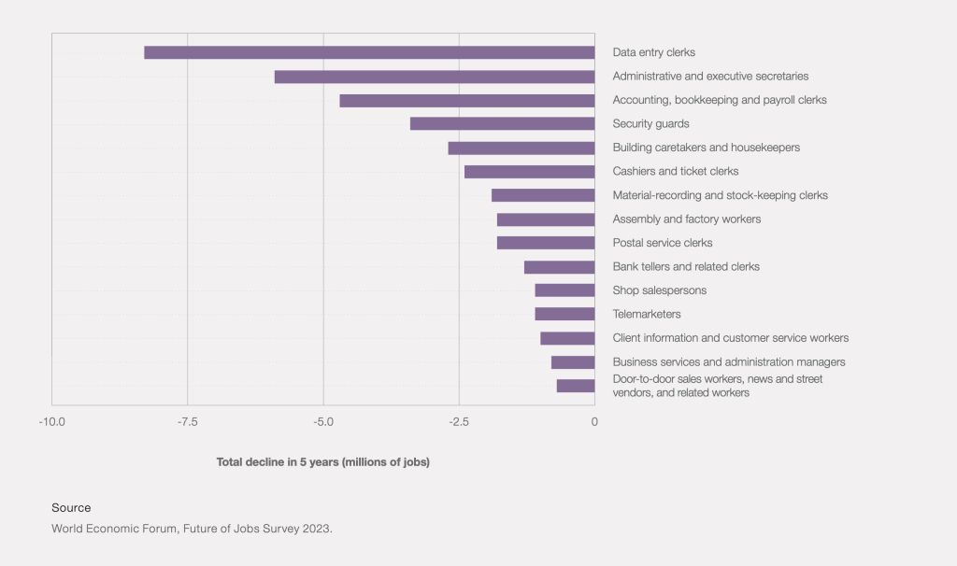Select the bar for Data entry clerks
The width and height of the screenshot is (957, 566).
coord(369,52)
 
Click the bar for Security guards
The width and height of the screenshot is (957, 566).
coord(502,123)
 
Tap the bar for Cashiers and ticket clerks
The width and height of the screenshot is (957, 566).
coord(529,171)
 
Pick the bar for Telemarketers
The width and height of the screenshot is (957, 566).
coord(564,314)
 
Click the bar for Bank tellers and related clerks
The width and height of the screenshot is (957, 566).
coord(559,266)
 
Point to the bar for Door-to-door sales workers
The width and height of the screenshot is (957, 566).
coord(576,386)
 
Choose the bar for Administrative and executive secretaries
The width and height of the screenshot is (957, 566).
coord(435,77)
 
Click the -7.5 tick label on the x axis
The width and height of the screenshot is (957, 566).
coord(187,421)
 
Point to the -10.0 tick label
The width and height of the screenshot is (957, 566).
coord(51,421)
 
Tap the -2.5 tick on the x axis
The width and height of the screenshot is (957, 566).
coord(459,421)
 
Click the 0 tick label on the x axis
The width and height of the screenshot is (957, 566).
coord(594,421)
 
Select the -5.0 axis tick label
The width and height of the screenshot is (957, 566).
coord(323,421)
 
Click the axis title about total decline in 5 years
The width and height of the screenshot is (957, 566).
coord(322,461)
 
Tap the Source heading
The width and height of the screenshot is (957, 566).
coord(71,507)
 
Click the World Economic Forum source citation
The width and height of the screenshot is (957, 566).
coord(192,528)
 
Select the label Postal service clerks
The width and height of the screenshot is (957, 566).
coord(662,243)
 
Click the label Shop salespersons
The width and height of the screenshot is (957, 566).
coord(659,290)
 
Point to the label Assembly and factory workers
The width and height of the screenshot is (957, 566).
coord(686,219)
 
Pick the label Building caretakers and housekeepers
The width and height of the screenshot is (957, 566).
coord(706,148)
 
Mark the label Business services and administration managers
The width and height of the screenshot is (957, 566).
coord(728,361)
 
